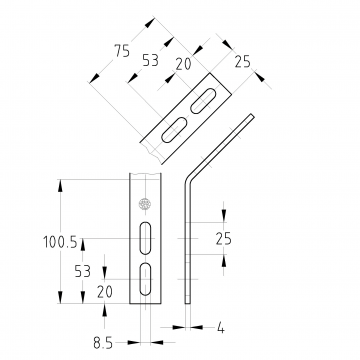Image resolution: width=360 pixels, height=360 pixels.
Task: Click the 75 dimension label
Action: [122, 51]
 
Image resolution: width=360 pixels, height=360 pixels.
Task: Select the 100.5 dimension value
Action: [60, 242]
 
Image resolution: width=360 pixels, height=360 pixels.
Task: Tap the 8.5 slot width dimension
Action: [103, 343]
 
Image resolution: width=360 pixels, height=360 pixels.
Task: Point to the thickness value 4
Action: [221, 328]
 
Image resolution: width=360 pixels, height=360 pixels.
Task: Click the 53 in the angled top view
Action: [151, 61]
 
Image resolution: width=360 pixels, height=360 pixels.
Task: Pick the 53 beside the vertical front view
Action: [83, 271]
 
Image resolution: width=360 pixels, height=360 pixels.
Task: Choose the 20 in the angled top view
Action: [184, 64]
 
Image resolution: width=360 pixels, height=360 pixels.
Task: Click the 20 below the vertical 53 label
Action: [105, 292]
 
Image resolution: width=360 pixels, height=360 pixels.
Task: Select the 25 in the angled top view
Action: [243, 62]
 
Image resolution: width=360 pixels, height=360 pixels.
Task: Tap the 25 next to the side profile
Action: [223, 239]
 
